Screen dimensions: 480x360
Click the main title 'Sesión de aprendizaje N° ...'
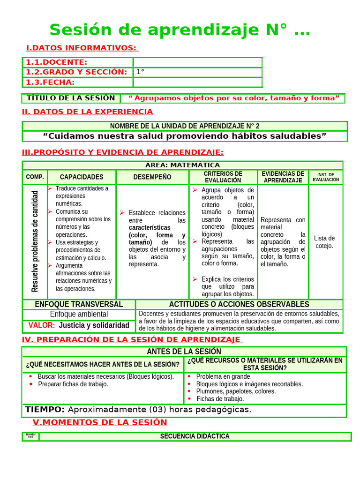pos(180,30)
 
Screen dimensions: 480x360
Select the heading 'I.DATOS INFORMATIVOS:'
pos(82,48)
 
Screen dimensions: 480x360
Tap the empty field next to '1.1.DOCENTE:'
pos(197,62)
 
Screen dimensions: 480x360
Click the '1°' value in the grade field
pos(140,72)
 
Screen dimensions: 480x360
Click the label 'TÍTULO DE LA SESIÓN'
pos(71,98)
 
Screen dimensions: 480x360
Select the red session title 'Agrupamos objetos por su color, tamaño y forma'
pos(233,98)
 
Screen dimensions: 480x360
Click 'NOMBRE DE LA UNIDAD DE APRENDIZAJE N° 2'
pos(185,126)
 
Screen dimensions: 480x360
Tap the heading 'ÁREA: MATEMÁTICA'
pos(182,165)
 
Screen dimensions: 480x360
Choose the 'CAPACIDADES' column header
pos(82,177)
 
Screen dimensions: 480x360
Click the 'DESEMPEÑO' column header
pos(152,177)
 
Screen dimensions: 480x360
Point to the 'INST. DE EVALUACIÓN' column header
pos(325,177)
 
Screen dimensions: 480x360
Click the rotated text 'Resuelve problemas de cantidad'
pos(35,241)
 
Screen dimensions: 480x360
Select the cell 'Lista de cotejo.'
pos(324,242)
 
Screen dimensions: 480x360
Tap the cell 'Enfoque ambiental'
pos(79,314)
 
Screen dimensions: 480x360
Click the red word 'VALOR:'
pos(42,325)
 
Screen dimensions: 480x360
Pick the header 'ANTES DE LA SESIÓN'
pos(184,352)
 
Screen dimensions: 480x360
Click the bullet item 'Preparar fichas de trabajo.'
pos(73,384)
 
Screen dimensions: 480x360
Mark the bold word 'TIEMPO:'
pos(45,410)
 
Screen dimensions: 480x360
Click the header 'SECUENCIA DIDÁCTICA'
pos(195,436)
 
